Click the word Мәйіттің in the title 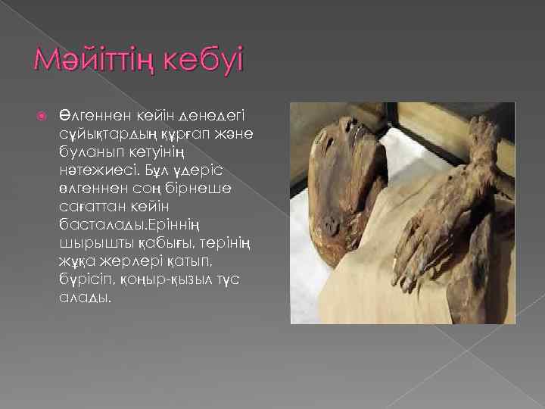click(94, 60)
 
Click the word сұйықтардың click(102, 133)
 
